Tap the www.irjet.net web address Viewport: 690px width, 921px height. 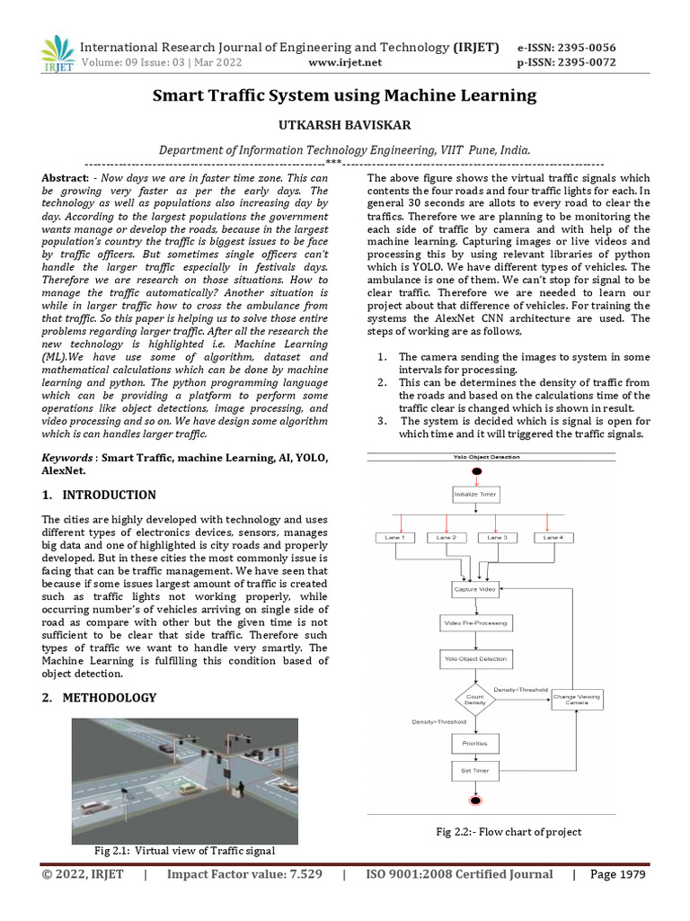(345, 62)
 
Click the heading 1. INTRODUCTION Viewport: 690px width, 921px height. (99, 495)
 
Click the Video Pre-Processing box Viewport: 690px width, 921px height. (474, 622)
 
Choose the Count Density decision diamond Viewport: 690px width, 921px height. (475, 699)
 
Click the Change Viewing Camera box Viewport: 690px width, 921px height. (577, 699)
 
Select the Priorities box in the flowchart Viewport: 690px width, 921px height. (474, 744)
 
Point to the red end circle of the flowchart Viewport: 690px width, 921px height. (474, 800)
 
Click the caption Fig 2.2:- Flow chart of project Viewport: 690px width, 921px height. (509, 832)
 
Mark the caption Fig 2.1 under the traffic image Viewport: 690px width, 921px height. (184, 850)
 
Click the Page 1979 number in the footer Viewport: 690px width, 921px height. (617, 874)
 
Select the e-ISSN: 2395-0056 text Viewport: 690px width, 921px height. (566, 48)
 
